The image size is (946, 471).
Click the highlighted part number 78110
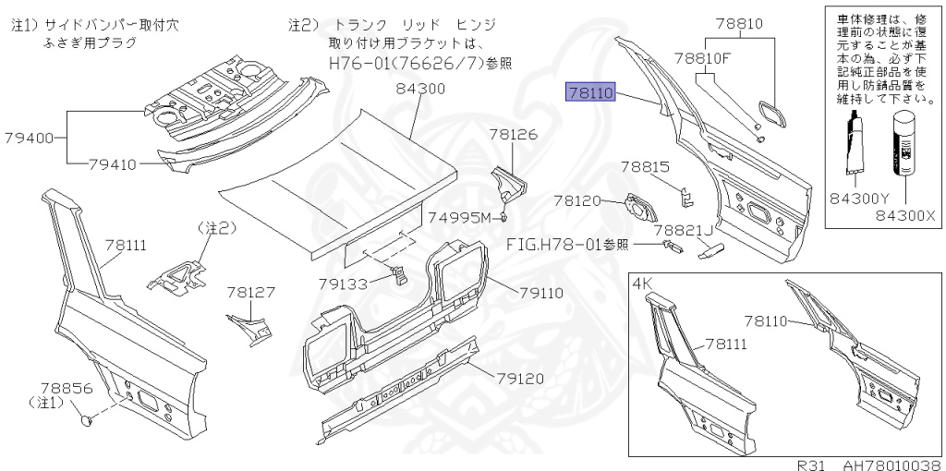tap(591, 92)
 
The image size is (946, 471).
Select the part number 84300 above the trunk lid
tap(420, 90)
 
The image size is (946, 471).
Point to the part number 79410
tap(113, 165)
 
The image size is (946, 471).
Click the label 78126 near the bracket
tap(513, 135)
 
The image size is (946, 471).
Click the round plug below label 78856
tap(86, 421)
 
